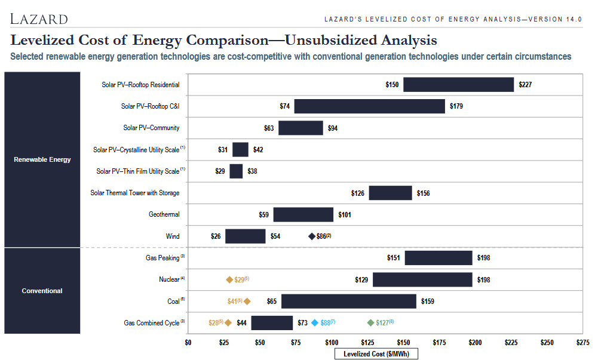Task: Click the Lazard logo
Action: coord(39,19)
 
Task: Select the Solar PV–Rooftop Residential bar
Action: coord(458,85)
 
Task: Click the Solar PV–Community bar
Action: coord(300,128)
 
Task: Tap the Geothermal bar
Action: coord(303,214)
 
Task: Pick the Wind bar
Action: coord(245,236)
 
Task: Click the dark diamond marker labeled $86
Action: coord(312,236)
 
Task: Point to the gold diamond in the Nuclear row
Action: coord(229,280)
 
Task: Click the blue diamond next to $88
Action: coord(315,322)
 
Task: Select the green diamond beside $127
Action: coord(370,322)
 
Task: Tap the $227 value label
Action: coord(525,85)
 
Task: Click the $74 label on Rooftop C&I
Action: coord(284,106)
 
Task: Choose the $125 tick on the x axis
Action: coord(367,343)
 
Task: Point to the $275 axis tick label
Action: coord(582,343)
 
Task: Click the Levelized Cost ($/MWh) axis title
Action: coord(376,354)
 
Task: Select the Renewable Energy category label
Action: coord(42,159)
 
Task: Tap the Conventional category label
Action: coord(42,291)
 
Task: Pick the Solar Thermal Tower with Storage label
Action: coord(134,193)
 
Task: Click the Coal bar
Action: coord(349,301)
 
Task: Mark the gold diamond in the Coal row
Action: coord(247,301)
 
